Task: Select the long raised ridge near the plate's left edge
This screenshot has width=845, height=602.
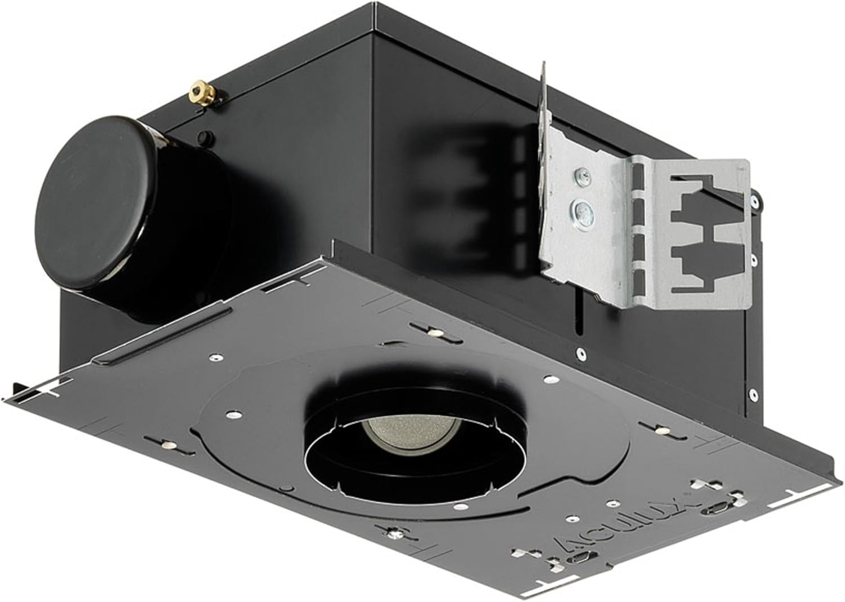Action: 163,337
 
